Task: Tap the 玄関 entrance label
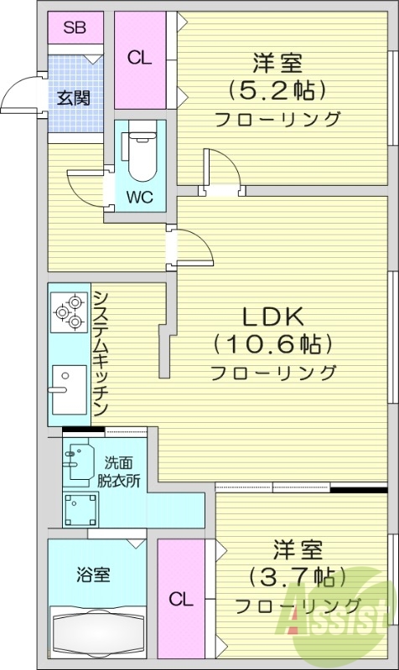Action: click(75, 97)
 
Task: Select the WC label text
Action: click(139, 198)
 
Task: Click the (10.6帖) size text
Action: click(273, 343)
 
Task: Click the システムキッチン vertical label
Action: click(100, 353)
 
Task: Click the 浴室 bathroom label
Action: click(93, 575)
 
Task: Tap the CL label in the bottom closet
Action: click(180, 600)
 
